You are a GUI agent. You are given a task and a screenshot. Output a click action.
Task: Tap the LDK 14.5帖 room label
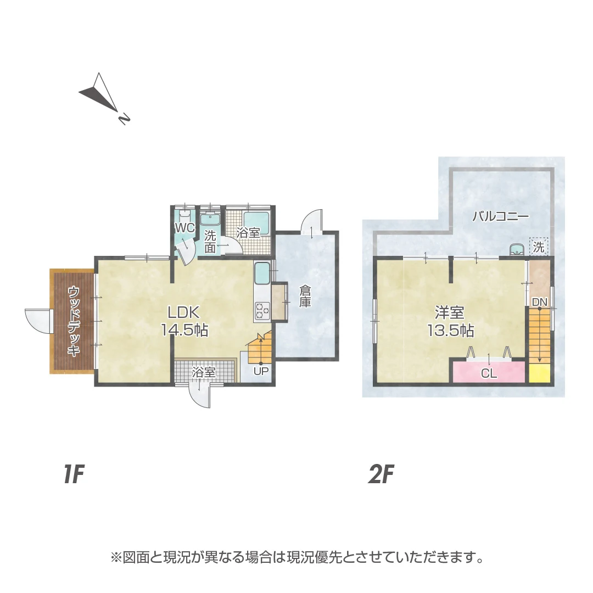[x=184, y=321]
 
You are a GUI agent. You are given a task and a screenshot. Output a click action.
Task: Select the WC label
[x=184, y=228]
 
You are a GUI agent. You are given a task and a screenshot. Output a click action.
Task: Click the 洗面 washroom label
[x=210, y=242]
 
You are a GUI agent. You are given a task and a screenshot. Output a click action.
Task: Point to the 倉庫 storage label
[x=305, y=296]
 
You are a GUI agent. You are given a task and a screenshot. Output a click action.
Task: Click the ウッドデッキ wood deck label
[x=74, y=321]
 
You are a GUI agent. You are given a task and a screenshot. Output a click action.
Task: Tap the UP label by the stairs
[x=261, y=371]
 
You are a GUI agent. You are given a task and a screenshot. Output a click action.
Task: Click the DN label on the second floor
[x=540, y=302]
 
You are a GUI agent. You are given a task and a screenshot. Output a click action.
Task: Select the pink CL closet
[x=489, y=372]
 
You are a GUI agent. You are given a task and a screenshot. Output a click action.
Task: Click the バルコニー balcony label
[x=501, y=217]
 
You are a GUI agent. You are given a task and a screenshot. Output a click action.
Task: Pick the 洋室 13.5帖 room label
[x=450, y=322]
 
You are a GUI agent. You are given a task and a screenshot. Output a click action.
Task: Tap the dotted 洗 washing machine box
[x=539, y=247]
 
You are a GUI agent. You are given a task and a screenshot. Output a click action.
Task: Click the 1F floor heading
[x=74, y=474]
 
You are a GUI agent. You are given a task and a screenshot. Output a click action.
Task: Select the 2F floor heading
[x=381, y=474]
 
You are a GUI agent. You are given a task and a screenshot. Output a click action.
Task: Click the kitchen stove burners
[x=262, y=310]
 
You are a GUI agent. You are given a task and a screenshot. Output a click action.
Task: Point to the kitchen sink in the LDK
[x=262, y=273]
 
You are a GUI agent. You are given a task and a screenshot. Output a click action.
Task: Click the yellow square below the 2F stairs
[x=539, y=374]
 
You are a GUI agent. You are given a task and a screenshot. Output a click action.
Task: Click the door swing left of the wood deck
[x=38, y=321]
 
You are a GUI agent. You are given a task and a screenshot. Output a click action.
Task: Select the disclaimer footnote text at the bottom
[x=296, y=557]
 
